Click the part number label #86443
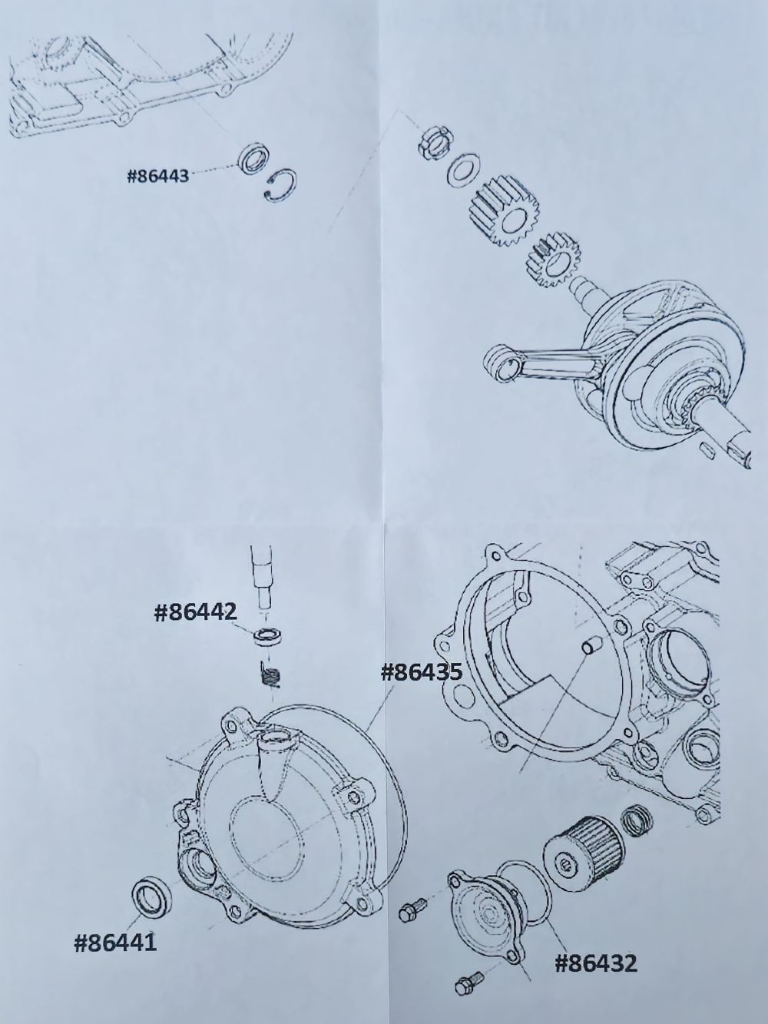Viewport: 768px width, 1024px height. (x=158, y=177)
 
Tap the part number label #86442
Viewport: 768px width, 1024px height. (x=194, y=614)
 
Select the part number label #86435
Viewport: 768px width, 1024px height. (x=422, y=673)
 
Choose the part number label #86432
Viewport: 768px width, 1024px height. (x=595, y=934)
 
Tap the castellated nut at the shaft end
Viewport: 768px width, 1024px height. (x=435, y=142)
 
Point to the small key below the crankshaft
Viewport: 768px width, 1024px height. (x=708, y=449)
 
